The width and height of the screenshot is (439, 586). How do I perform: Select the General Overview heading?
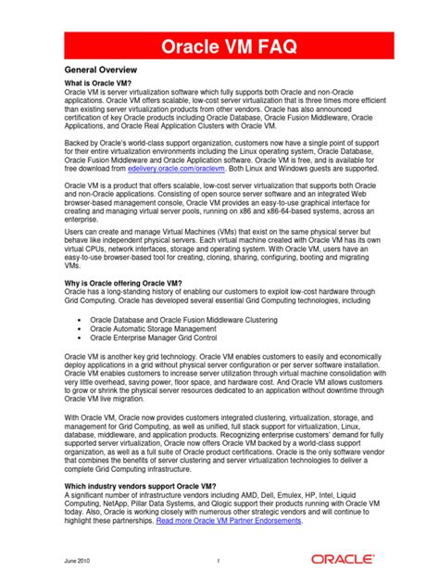point(101,70)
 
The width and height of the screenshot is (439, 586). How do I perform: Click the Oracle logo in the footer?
point(343,560)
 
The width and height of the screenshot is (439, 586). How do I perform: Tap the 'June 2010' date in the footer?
point(78,561)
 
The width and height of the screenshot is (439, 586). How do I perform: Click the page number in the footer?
point(219,561)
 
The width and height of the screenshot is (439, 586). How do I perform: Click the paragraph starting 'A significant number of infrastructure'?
point(219,508)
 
